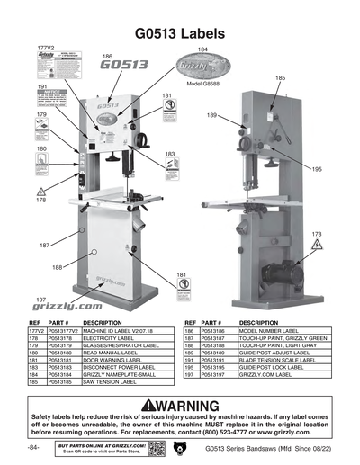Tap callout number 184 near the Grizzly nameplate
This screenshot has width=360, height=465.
(202, 49)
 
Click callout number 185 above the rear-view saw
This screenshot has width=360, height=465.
(281, 78)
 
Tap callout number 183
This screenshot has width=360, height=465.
(170, 154)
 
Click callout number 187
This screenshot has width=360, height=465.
(44, 245)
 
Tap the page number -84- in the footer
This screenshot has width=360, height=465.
(34, 447)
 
